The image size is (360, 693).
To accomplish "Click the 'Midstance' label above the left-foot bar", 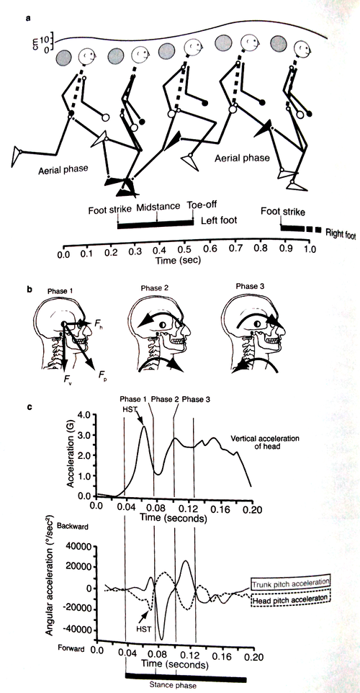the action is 158,207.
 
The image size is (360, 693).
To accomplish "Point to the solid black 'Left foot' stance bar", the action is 156,225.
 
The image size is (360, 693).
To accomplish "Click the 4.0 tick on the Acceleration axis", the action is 84,415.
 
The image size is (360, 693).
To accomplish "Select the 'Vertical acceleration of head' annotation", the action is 265,442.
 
